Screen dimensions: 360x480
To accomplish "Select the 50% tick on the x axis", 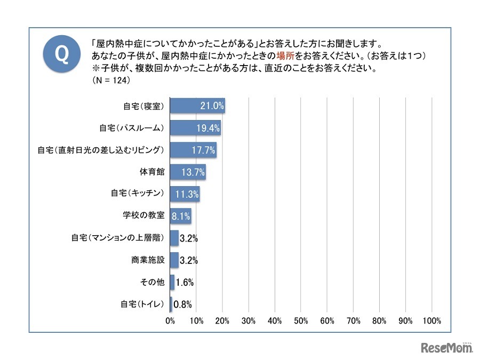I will click(301, 321).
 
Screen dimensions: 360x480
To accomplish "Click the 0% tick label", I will click(170, 321).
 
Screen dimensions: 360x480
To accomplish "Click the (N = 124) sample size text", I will click(111, 82).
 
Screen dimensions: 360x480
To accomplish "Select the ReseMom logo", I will click(447, 348).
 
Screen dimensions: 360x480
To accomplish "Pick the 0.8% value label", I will click(182, 305).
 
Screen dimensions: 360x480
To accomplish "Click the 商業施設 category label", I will click(148, 260).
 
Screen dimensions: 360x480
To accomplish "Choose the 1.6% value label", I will click(185, 283).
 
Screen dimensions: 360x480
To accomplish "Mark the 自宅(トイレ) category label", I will click(141, 305).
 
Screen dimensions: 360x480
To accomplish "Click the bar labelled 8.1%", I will click(180, 216).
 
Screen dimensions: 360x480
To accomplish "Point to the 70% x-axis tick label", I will click(353, 321).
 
